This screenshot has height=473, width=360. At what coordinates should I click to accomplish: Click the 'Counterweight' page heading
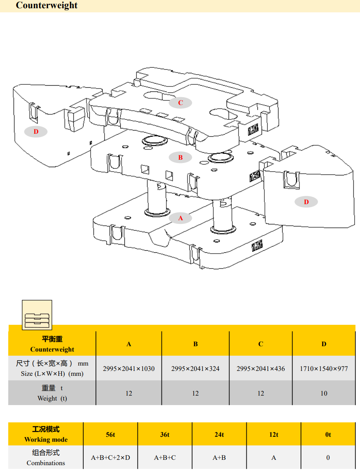click(x=47, y=5)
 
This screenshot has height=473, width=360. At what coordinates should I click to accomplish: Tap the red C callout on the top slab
click(x=180, y=103)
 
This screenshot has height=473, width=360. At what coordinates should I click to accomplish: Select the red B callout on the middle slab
click(x=180, y=157)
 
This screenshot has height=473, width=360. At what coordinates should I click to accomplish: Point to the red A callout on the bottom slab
click(x=180, y=218)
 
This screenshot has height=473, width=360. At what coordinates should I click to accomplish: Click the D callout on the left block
click(x=36, y=132)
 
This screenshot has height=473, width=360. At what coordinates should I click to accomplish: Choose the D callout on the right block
click(x=306, y=202)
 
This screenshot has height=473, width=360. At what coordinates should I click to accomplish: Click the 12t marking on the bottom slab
click(x=257, y=246)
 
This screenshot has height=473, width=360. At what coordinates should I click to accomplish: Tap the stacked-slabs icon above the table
click(x=37, y=315)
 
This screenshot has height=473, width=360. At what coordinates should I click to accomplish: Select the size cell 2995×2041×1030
click(x=129, y=368)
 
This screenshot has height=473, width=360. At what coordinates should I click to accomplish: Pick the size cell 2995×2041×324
click(x=195, y=368)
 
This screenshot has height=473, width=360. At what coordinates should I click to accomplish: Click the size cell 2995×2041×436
click(x=260, y=368)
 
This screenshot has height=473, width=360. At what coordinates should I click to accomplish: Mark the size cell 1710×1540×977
click(x=324, y=368)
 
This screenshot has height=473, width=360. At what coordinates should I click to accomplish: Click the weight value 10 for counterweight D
click(x=324, y=393)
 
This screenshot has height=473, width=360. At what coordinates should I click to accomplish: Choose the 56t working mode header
click(x=110, y=434)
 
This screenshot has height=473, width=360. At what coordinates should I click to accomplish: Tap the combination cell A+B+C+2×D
click(x=110, y=457)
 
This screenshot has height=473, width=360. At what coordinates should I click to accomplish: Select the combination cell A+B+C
click(x=165, y=457)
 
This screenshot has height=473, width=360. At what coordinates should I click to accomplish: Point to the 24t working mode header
click(x=219, y=434)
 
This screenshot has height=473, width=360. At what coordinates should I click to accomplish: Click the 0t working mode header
click(x=328, y=434)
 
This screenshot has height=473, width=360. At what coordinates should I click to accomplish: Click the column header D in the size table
click(x=324, y=344)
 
